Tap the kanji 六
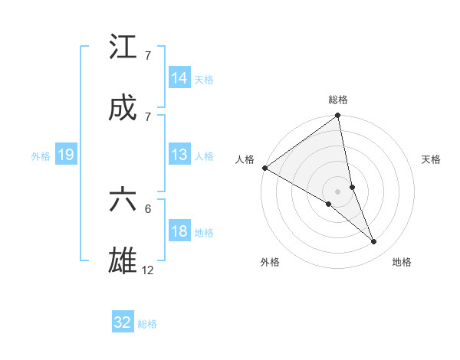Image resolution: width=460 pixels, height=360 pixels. coord(123,200)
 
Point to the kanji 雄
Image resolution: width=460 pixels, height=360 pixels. coord(123,260)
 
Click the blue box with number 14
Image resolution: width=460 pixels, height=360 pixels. coord(179,78)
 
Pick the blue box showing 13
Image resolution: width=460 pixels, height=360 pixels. coord(179,155)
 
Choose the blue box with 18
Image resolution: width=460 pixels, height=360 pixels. coord(179,231)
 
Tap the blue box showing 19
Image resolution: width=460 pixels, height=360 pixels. coord(66,155)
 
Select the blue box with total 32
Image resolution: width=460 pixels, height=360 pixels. coord(123,322)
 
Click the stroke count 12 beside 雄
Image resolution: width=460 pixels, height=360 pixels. coord(149,270)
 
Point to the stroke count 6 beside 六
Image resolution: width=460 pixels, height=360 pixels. coord(148,208)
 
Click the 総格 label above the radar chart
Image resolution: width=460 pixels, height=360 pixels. coord(338,100)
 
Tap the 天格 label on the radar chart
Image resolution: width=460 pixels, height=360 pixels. coord(432,159)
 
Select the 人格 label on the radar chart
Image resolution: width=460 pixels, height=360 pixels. coord(245,159)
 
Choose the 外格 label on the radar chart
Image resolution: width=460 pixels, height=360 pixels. coord(270,262)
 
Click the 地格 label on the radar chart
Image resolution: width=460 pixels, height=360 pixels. coord(402,262)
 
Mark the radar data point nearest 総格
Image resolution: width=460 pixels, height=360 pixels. coord(338,116)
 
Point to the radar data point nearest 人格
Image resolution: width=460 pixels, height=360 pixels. coord(264,168)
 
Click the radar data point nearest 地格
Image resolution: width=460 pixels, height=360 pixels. coord(374,242)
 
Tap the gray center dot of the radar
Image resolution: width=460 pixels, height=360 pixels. coord(338,191)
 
